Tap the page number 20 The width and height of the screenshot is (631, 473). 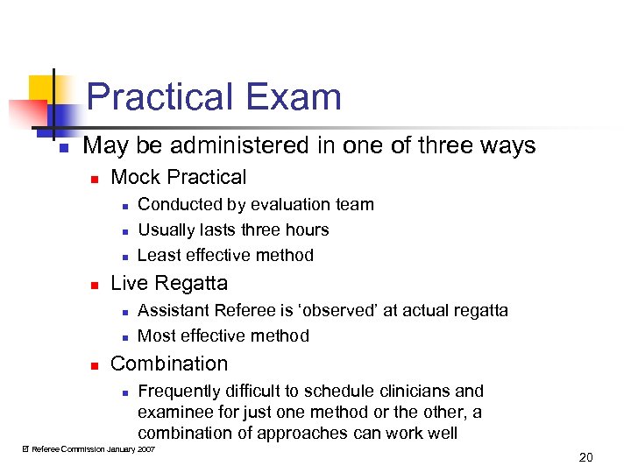pos(586,456)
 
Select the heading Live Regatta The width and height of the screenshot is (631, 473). pos(169,283)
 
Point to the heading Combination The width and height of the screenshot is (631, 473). pos(169,364)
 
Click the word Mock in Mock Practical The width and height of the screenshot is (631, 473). pos(133,177)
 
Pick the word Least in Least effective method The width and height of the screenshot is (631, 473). pos(158,255)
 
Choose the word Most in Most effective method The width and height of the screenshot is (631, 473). pos(156,335)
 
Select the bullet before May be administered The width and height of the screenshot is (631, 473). pos(62,146)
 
